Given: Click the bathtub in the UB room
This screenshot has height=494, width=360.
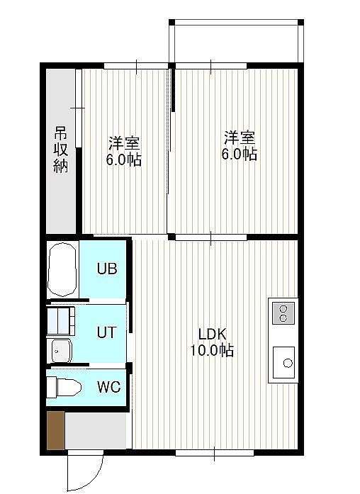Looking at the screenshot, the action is [62, 269].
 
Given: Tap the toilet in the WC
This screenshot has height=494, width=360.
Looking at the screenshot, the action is [64, 388].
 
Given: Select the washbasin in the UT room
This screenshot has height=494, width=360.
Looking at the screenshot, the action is [62, 351].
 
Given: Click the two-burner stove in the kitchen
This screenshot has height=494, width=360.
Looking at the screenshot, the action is [283, 313].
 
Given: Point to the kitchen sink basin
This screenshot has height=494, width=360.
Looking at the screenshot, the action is [283, 362].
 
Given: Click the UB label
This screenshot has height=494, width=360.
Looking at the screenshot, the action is [107, 269].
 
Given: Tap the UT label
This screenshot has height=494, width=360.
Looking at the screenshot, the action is [107, 332].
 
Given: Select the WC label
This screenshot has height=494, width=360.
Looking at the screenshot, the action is [108, 387].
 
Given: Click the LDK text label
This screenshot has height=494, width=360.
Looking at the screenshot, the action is [213, 335].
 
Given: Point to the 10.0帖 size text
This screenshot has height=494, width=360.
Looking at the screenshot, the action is [212, 349].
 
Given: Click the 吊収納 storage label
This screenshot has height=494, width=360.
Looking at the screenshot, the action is [60, 150].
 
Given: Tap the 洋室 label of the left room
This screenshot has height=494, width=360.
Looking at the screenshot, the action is [124, 144].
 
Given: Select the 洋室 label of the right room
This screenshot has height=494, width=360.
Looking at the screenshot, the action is [240, 137].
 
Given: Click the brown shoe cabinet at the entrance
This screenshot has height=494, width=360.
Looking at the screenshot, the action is [56, 430].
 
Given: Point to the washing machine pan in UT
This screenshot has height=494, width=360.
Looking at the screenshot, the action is [61, 320].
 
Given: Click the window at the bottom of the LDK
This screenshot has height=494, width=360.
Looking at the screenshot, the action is [215, 453].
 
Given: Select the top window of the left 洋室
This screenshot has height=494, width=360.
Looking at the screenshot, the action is [136, 66].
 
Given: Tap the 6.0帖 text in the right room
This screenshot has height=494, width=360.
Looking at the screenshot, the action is [240, 155].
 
